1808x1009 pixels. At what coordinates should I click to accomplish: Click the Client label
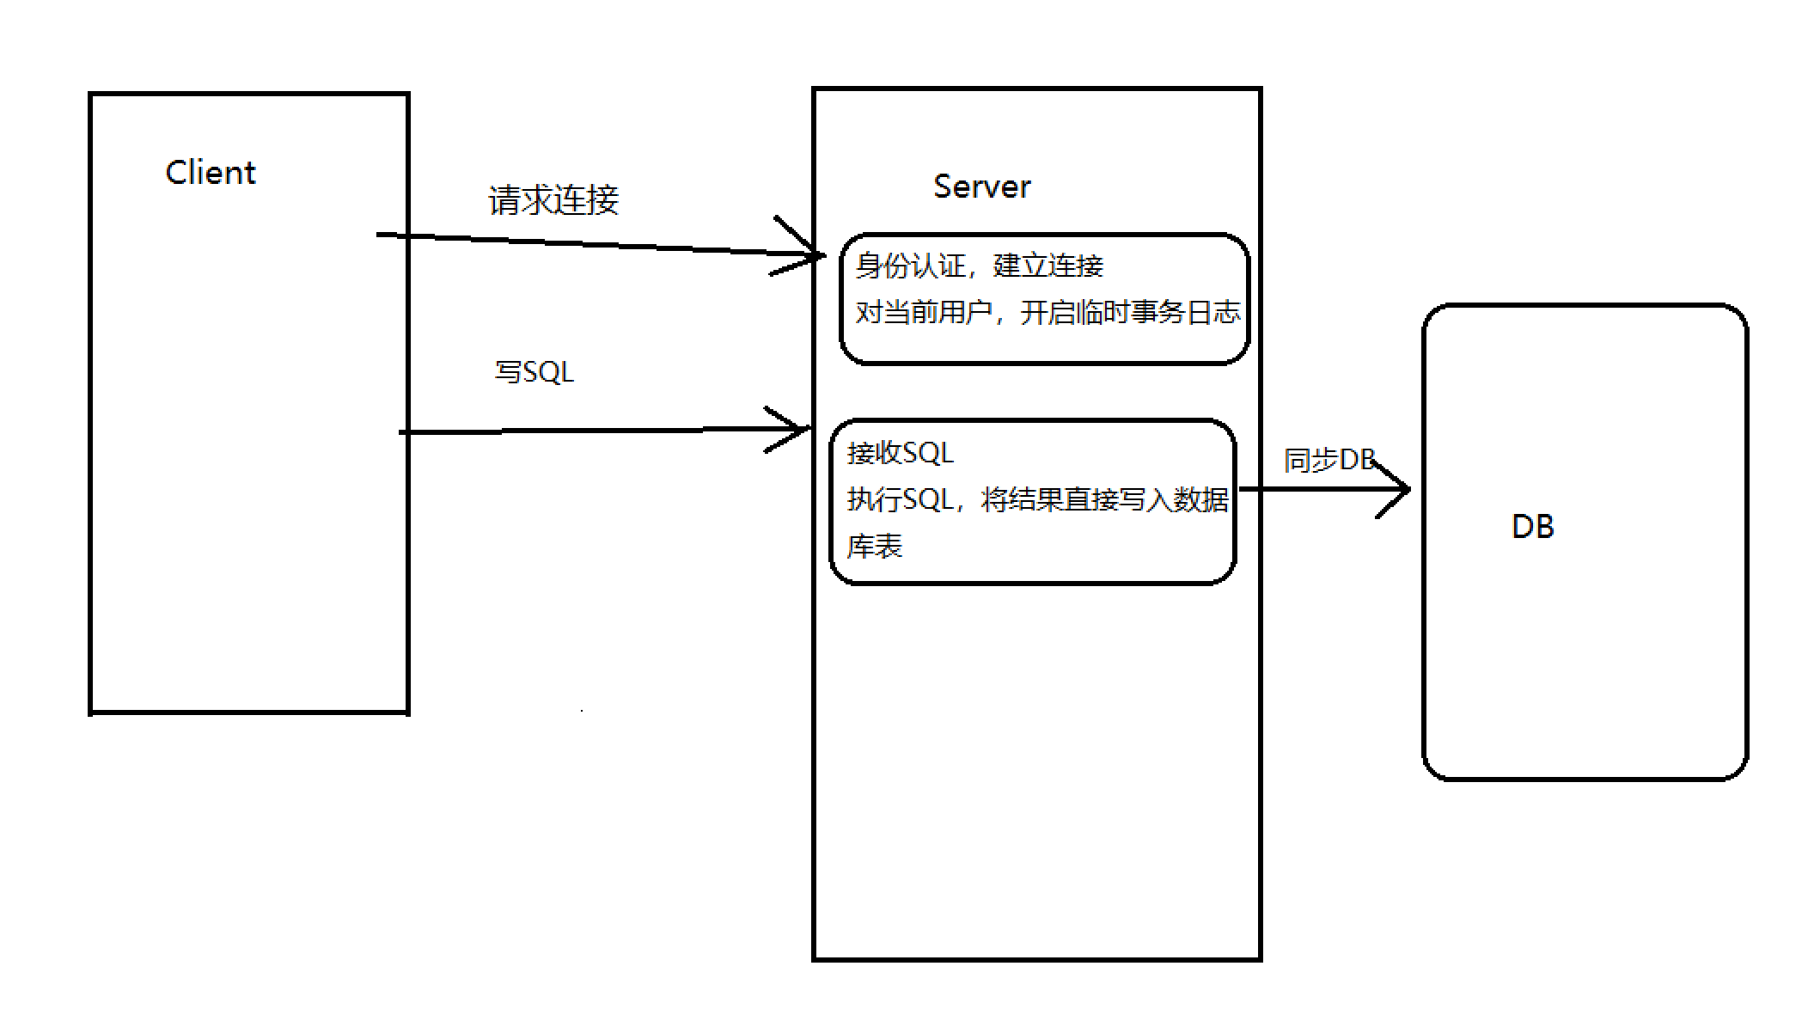[x=211, y=173]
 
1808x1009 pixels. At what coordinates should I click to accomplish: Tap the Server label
[x=981, y=187]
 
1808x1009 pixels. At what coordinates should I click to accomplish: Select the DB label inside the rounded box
[x=1532, y=526]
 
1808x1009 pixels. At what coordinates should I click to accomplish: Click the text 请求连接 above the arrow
[x=553, y=200]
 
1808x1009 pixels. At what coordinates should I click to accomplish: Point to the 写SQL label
[x=534, y=372]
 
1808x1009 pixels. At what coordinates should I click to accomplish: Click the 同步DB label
[x=1329, y=461]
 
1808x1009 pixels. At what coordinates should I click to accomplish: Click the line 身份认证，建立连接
[x=979, y=266]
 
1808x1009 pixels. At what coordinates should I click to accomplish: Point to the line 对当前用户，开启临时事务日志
[x=1047, y=312]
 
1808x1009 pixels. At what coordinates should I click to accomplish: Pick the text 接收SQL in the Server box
[x=900, y=453]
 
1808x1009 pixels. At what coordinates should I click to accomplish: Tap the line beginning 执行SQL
[x=1037, y=499]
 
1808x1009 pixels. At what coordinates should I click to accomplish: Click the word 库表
[x=874, y=546]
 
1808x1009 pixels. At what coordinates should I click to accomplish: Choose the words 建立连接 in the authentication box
[x=1048, y=266]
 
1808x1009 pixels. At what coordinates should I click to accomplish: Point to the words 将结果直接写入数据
[x=1104, y=499]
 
